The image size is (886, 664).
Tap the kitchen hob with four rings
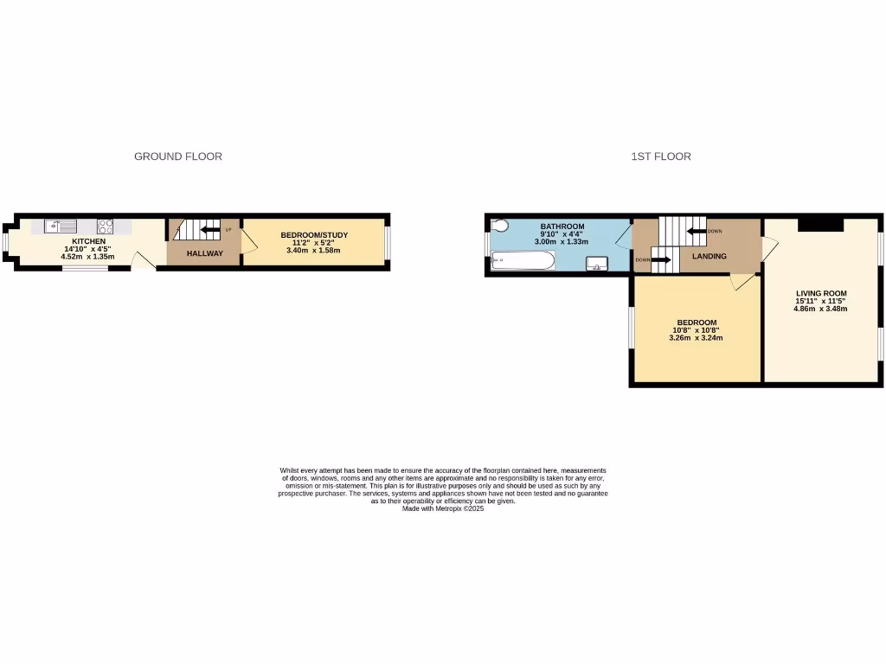click(106, 227)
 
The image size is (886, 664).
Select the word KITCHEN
click(89, 241)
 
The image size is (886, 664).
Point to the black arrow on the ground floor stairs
click(210, 230)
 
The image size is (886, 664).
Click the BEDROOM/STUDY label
click(313, 235)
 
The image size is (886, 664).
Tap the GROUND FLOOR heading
click(178, 156)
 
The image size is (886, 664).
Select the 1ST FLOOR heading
click(661, 156)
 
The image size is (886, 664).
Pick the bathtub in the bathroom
click(523, 260)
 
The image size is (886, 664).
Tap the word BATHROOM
click(562, 227)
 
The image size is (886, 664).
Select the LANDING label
click(709, 257)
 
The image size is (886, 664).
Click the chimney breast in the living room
click(819, 224)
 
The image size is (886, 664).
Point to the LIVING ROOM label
click(820, 293)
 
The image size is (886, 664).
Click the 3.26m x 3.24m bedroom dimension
click(696, 338)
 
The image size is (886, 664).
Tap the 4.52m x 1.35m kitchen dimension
click(88, 257)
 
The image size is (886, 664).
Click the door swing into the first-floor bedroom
click(742, 282)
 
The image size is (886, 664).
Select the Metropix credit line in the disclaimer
click(443, 509)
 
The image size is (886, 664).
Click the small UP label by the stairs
click(228, 230)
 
